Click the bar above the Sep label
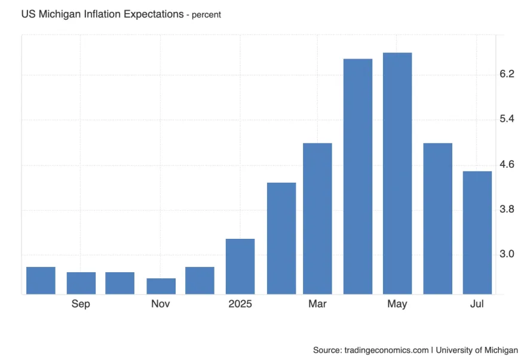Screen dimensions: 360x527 coord(81,283)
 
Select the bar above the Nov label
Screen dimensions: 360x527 coord(161,286)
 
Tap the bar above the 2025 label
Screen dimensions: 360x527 coord(240,266)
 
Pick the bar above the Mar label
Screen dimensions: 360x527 coord(317,219)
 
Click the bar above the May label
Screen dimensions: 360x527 coord(397,173)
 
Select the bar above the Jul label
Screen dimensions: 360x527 coord(477,233)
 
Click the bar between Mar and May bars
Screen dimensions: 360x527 coord(357,176)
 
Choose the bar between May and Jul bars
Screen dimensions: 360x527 coord(437,219)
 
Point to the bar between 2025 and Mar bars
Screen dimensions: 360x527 coord(281,238)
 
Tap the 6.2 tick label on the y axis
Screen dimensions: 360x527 coord(507,74)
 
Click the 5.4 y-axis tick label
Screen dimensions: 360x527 coord(507,119)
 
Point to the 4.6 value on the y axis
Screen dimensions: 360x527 coord(507,164)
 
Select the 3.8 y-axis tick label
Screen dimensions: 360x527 coord(507,210)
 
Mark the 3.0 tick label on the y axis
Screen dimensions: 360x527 coord(507,254)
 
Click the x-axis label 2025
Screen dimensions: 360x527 coord(240,304)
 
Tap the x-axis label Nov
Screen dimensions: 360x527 coord(161,304)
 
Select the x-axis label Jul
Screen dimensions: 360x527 coord(477,304)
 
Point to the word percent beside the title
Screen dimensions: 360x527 coord(206,15)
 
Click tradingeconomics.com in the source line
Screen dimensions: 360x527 coord(386,350)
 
